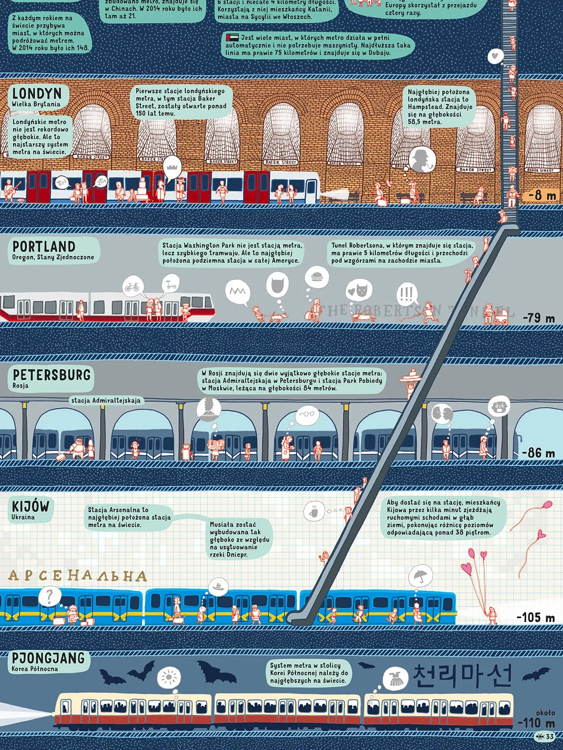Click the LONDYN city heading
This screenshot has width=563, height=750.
tap(37, 93)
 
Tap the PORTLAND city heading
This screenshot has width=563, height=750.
tap(44, 247)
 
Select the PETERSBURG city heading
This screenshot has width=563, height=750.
tap(52, 375)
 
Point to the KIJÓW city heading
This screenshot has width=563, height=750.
tap(30, 506)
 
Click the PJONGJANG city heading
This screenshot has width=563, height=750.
tap(48, 658)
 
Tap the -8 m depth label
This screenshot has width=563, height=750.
tap(542, 195)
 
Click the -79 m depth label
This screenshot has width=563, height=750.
tap(539, 318)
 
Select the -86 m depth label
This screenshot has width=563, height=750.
tap(539, 453)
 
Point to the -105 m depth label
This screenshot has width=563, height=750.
tap(535, 617)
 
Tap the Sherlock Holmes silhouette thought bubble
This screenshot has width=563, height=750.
tap(422, 159)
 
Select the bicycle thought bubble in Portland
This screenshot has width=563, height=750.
tap(132, 286)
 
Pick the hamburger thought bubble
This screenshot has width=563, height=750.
tap(317, 277)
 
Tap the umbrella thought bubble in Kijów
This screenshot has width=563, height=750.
tap(420, 576)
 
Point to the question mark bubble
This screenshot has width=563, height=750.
tap(50, 596)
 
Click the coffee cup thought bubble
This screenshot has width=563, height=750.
tap(314, 511)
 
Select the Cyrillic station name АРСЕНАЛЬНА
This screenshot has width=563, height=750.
tap(77, 576)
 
